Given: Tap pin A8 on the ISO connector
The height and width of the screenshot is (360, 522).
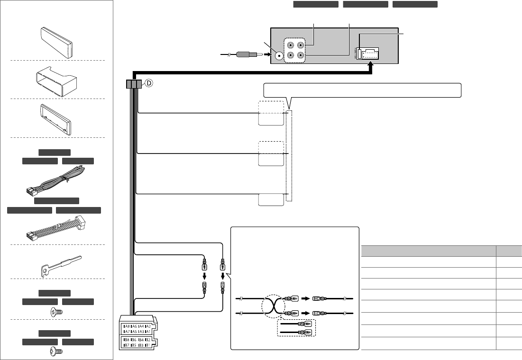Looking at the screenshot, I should tap(126, 326).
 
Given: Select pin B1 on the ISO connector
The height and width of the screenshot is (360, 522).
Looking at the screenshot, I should tap(147, 345).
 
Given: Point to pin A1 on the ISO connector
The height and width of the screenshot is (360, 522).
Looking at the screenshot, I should tap(147, 332).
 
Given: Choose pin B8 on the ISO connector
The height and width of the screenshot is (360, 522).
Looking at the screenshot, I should tap(126, 340).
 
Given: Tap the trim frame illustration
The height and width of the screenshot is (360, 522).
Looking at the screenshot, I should tap(56, 118).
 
